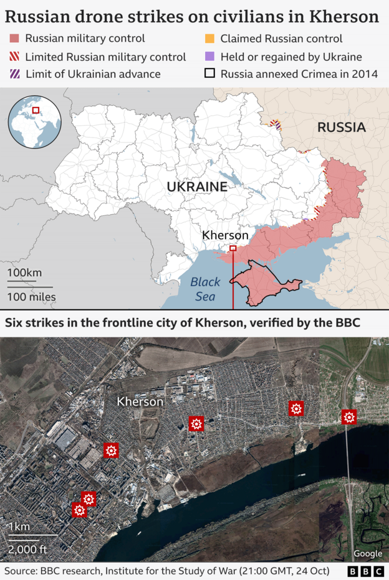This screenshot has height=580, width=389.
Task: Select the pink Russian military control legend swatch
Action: [x=14, y=39]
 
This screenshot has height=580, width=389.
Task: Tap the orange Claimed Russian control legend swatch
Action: [x=209, y=39]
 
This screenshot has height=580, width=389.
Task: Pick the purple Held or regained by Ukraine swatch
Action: [x=209, y=57]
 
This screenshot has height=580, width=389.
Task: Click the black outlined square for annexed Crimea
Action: [x=209, y=74]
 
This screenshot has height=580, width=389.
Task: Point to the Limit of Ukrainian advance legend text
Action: [x=93, y=74]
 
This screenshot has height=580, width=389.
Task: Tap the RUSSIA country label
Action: [x=341, y=128]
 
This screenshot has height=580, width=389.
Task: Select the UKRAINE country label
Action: [x=196, y=187]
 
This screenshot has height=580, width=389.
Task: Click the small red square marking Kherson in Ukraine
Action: [x=233, y=248]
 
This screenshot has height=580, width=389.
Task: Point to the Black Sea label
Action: [x=205, y=289]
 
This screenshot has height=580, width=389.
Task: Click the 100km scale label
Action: [x=25, y=273]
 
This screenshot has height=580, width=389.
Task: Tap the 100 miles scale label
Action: [x=32, y=297]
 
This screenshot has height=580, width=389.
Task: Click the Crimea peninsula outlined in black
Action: [x=265, y=284]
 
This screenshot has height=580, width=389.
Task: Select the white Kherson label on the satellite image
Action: [x=140, y=402]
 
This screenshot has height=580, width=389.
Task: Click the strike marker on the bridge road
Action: [x=349, y=417]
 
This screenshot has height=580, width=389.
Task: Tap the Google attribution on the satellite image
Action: [x=368, y=554]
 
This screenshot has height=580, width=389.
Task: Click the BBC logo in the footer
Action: [x=366, y=571]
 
